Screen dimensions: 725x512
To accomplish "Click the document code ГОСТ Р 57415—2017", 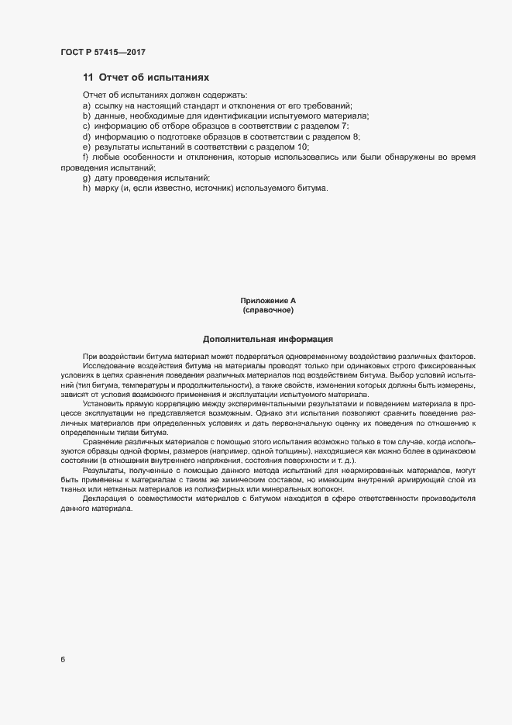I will (x=102, y=52).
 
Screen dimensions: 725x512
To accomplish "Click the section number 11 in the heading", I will (x=88, y=78).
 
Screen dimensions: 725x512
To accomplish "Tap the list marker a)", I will (x=85, y=105).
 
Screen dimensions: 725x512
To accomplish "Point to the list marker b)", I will (x=85, y=116).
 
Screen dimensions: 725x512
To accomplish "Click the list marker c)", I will (x=85, y=126).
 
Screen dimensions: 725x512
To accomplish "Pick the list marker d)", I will (x=85, y=136).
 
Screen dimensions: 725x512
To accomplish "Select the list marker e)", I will (x=85, y=147).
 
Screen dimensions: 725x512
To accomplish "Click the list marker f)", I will (x=84, y=157).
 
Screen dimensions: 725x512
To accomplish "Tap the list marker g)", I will (x=85, y=178).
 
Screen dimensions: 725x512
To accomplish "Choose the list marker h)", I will (x=85, y=188).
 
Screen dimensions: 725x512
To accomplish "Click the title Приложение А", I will (x=268, y=300).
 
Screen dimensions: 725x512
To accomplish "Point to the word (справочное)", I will (x=268, y=310).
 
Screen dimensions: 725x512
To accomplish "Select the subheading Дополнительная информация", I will (x=268, y=339).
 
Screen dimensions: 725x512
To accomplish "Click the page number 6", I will (x=63, y=660).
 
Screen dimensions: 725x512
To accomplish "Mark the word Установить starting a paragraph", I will (x=104, y=404).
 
